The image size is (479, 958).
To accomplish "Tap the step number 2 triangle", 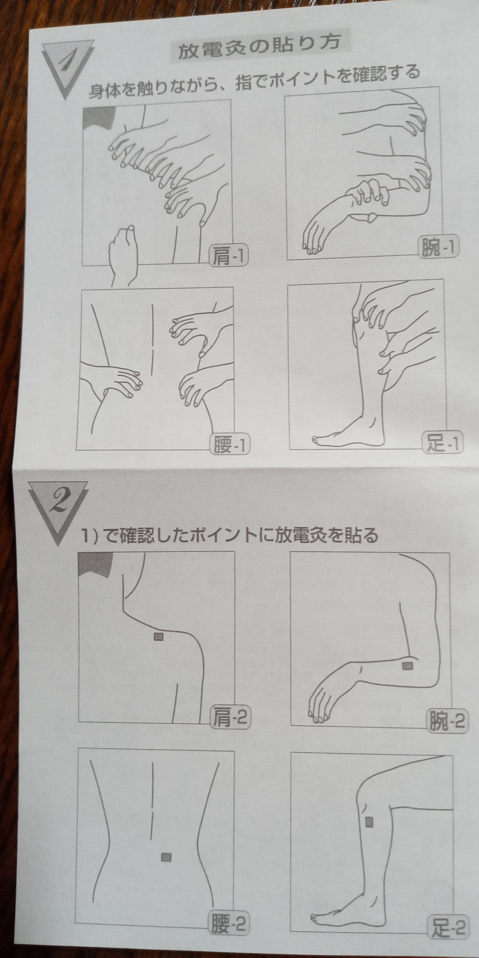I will (x=59, y=508).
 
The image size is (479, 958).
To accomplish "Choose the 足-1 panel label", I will (x=442, y=443).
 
